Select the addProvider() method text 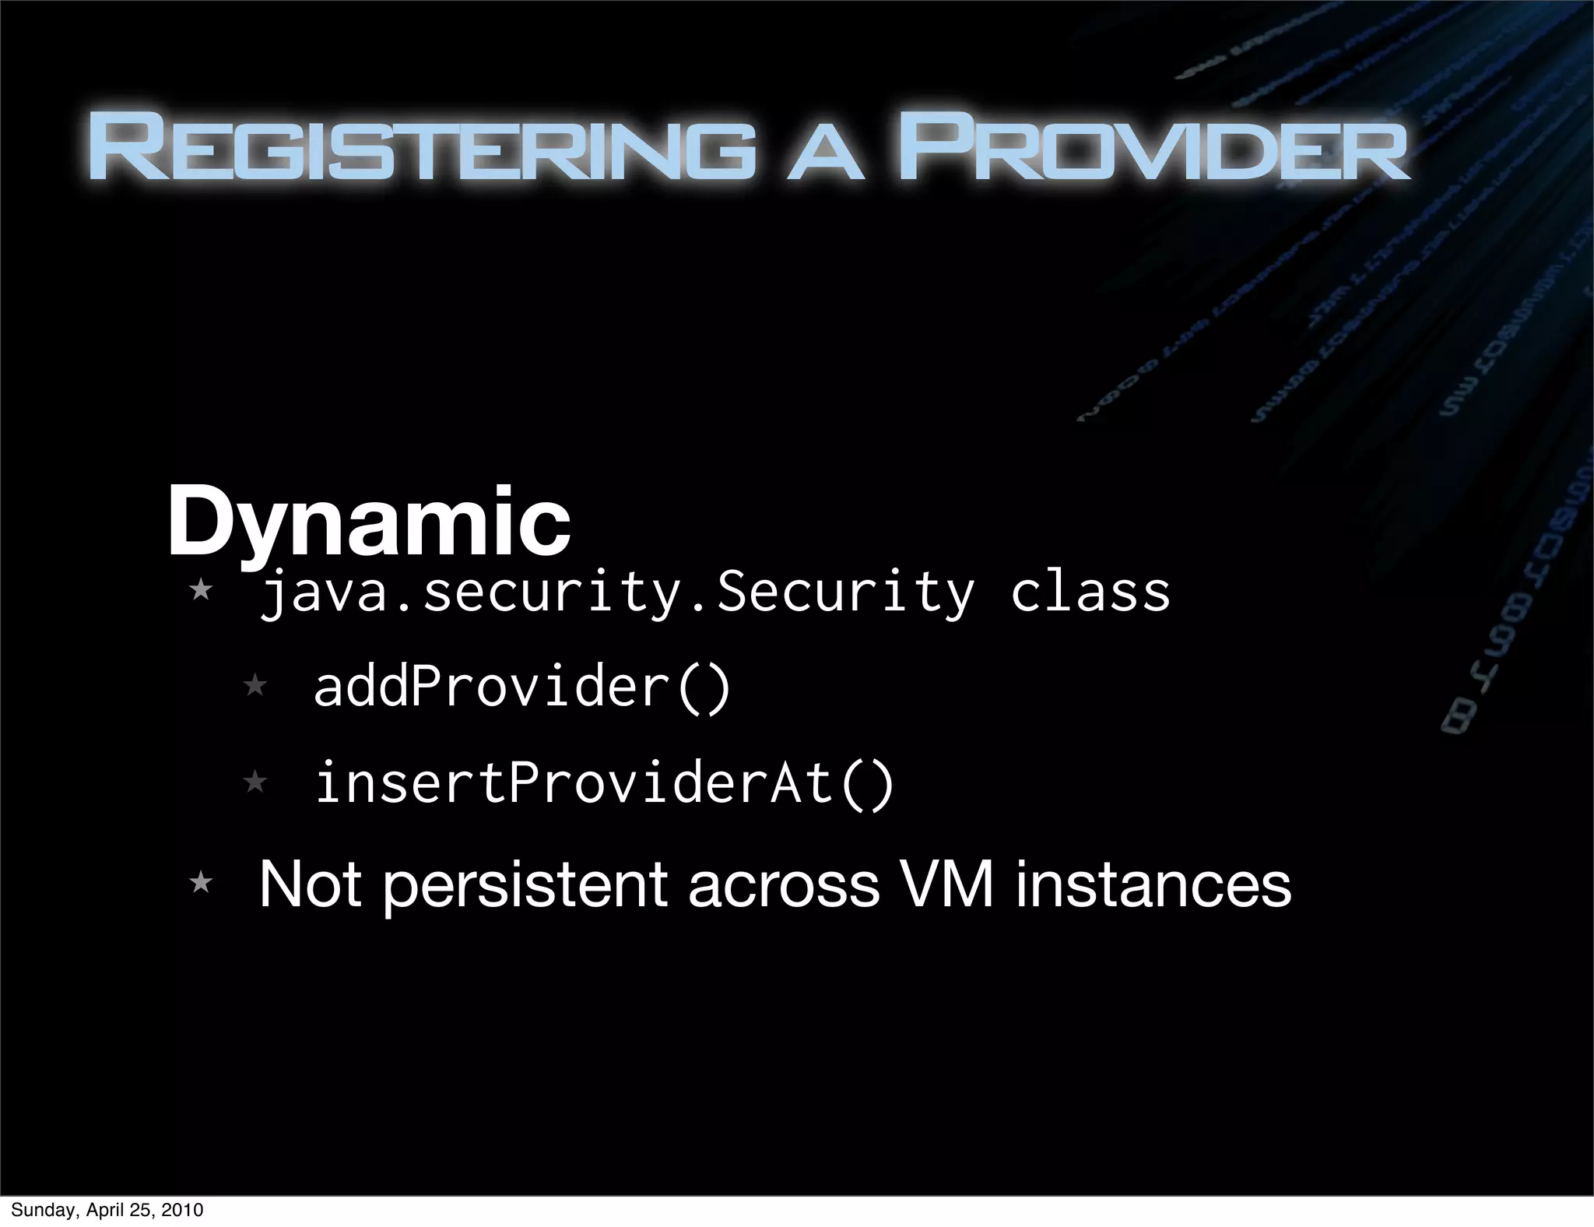(522, 687)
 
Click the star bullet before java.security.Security (201, 589)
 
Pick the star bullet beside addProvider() (255, 686)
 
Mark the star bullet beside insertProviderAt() (255, 781)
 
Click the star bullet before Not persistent (201, 882)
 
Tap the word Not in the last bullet (310, 884)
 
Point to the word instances (1153, 884)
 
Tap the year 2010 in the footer (184, 1210)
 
